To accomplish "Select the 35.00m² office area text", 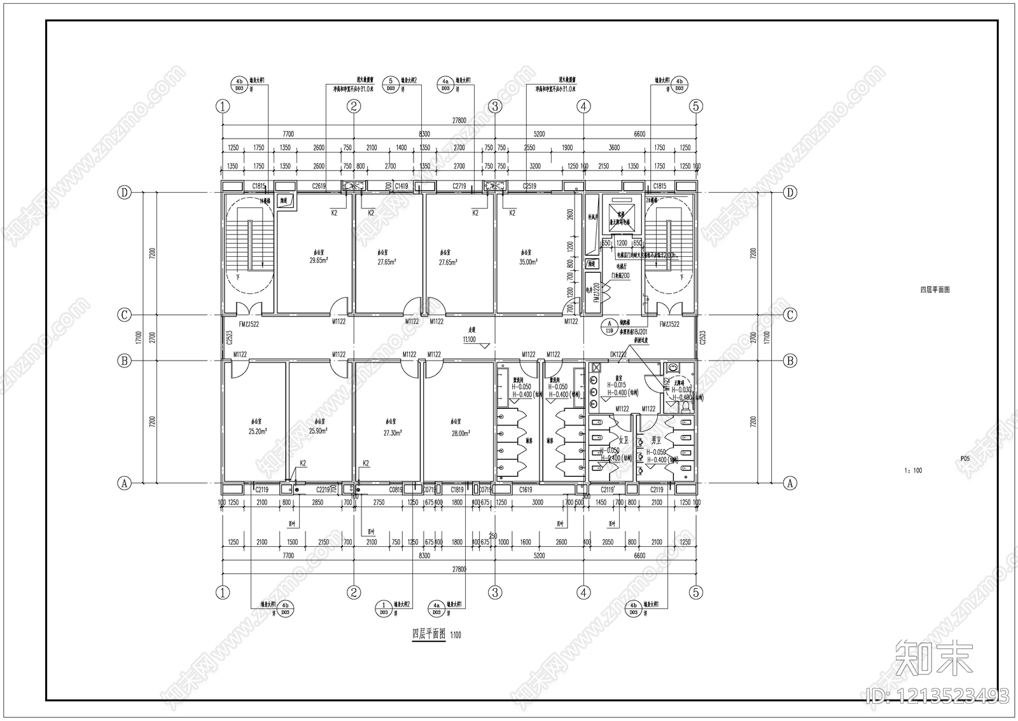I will tap(528, 261).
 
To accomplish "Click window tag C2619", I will tap(319, 186).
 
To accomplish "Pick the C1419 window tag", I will tap(401, 186).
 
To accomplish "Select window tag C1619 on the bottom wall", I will tap(526, 490).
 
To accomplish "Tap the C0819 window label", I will tap(396, 490).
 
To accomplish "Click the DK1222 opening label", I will tap(618, 354).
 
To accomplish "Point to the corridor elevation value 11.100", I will tap(470, 340).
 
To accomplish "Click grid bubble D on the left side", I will tap(125, 192).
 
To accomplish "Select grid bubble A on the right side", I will tap(790, 483).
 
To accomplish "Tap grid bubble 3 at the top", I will tap(495, 106).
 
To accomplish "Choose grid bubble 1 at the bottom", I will tap(222, 593).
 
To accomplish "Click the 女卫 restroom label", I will tap(624, 439).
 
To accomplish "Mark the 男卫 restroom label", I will tap(657, 439).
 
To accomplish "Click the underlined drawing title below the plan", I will tap(429, 634).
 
